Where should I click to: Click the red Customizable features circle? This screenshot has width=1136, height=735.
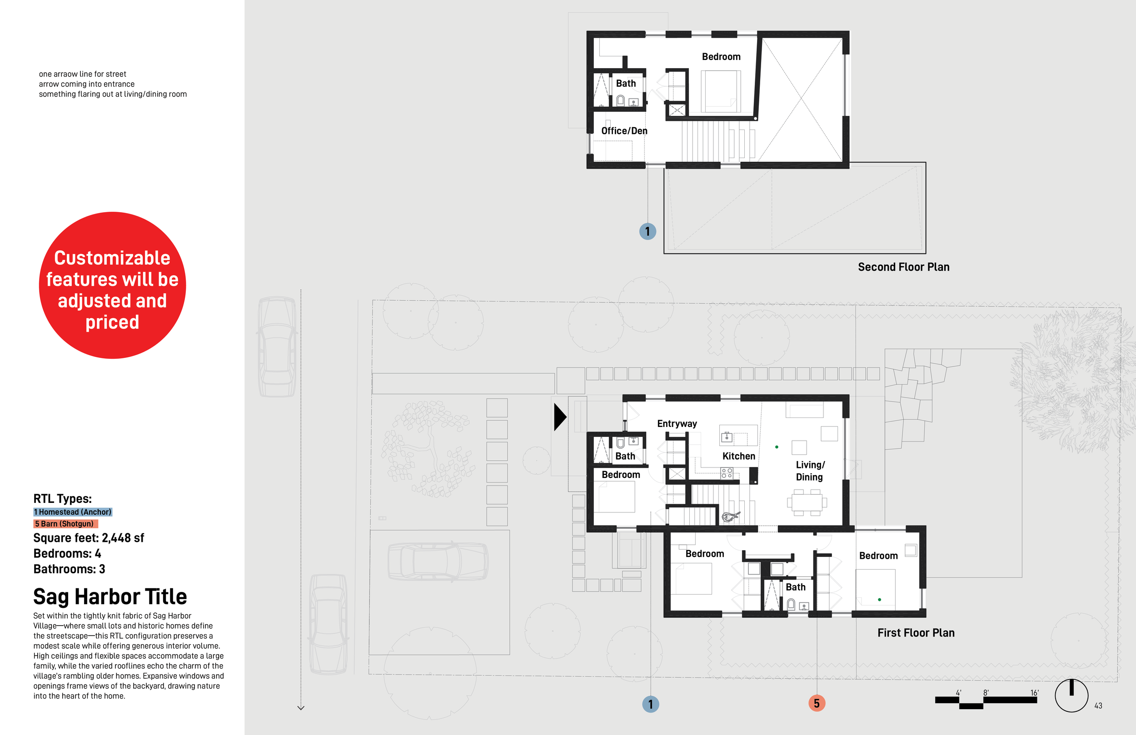[112, 285]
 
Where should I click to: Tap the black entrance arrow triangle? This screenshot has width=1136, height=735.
[559, 417]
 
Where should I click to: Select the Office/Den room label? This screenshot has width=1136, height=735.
[624, 131]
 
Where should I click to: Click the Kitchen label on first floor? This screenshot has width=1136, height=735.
[738, 456]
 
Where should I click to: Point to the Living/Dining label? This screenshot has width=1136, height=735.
[810, 471]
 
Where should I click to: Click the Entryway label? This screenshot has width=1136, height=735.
[676, 424]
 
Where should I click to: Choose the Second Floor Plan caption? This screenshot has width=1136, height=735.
[903, 267]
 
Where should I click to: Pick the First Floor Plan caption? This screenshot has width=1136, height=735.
[916, 633]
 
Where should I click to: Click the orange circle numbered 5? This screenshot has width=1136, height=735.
[817, 703]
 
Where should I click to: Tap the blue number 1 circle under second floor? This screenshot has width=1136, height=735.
[647, 232]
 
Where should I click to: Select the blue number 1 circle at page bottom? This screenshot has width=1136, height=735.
[650, 704]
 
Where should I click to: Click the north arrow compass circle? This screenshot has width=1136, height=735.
[1071, 695]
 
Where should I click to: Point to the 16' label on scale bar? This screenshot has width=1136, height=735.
[1034, 692]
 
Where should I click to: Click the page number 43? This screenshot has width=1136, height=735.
[1098, 705]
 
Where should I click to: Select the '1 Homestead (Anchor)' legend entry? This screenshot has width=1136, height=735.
[73, 512]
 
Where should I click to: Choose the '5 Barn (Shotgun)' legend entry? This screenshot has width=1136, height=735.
[65, 524]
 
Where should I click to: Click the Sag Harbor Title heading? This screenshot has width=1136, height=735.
[110, 596]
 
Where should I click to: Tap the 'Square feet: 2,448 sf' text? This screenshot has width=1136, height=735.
[88, 538]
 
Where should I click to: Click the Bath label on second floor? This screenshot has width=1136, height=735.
[625, 84]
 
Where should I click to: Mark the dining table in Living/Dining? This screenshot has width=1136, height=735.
[806, 502]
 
